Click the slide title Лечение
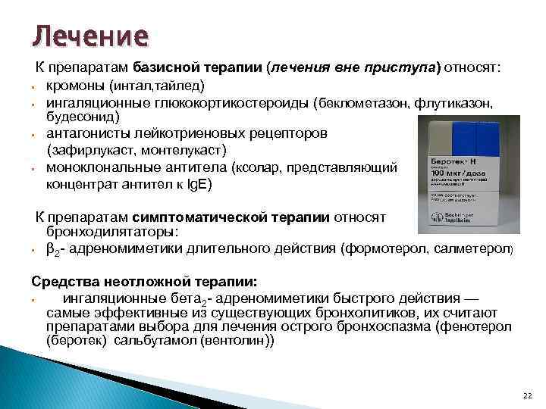[x=89, y=36]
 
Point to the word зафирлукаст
[x=92, y=150]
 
